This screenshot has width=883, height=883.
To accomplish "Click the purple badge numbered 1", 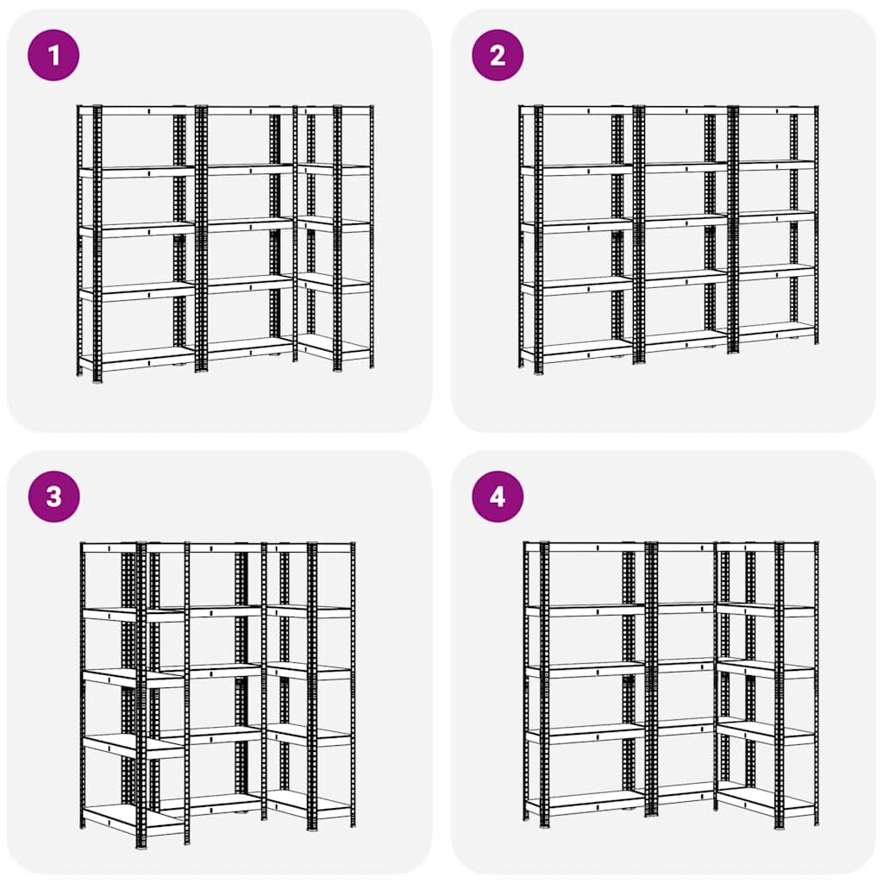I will coord(53,55).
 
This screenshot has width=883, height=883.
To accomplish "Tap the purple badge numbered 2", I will coord(497,55).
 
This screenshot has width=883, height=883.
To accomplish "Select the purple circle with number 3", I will coord(53,497).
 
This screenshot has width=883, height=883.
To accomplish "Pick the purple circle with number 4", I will coord(497,497).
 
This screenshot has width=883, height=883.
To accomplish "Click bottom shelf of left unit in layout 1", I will coord(138,356).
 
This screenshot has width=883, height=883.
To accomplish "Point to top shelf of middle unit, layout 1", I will coord(246,110).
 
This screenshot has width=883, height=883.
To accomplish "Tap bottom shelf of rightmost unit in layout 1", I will coord(335,348).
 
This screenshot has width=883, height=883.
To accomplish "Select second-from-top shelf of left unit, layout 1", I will coord(138,172).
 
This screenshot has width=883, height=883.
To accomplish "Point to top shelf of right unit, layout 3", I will coord(310,547).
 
